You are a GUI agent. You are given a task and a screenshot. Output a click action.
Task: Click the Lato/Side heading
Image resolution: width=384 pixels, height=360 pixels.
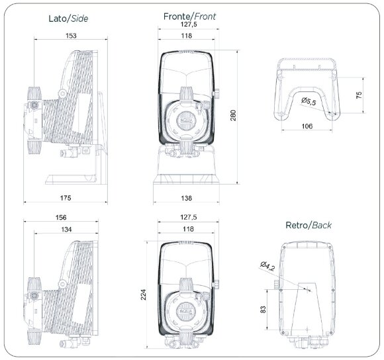pyautogui.click(x=69, y=19)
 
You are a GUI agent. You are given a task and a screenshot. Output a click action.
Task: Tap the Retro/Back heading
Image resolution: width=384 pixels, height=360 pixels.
pyautogui.click(x=308, y=225)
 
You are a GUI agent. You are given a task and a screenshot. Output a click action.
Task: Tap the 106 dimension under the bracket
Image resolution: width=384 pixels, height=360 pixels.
pyautogui.click(x=307, y=125)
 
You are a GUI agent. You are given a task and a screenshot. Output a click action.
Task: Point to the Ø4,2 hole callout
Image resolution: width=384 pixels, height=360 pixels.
pyautogui.click(x=268, y=267)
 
